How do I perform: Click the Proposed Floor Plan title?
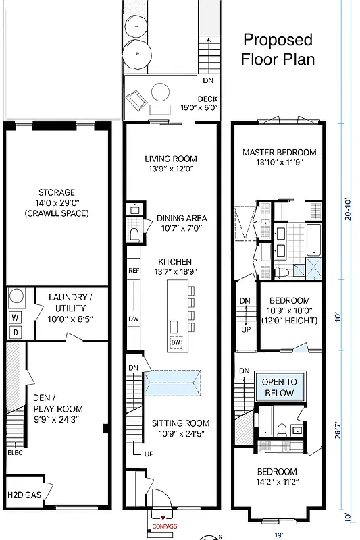(x=278, y=49)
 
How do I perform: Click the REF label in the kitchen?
(x=134, y=271)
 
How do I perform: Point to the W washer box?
(x=14, y=317)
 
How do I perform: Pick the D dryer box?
(x=14, y=332)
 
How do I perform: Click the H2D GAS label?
(x=24, y=495)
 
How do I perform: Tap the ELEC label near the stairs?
(x=15, y=452)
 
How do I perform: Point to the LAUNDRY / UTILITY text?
(x=70, y=302)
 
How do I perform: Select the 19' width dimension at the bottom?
(x=280, y=533)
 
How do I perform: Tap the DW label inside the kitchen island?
(x=176, y=343)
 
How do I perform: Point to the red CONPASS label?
(x=164, y=526)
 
